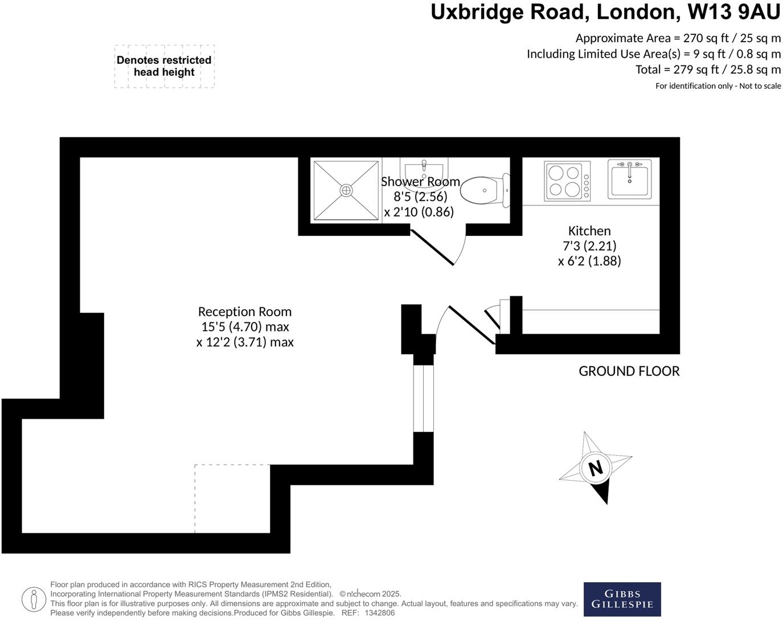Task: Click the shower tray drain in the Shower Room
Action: pyautogui.click(x=346, y=190)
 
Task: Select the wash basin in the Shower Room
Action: pyautogui.click(x=424, y=169)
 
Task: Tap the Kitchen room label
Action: pyautogui.click(x=589, y=231)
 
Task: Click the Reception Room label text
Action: pyautogui.click(x=245, y=312)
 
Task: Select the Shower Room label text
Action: pyautogui.click(x=420, y=182)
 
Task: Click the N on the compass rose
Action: pyautogui.click(x=596, y=468)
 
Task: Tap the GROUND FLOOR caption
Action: pyautogui.click(x=629, y=371)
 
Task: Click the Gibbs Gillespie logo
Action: pyautogui.click(x=622, y=599)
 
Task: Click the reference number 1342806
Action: pyautogui.click(x=379, y=613)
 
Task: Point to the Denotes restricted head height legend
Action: pyautogui.click(x=164, y=66)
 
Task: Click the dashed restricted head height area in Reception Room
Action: pyautogui.click(x=232, y=498)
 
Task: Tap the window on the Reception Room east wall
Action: pyautogui.click(x=423, y=398)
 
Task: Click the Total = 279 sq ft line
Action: pyautogui.click(x=708, y=69)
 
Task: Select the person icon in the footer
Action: pyautogui.click(x=34, y=599)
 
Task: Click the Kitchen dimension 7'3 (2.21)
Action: pyautogui.click(x=589, y=246)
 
